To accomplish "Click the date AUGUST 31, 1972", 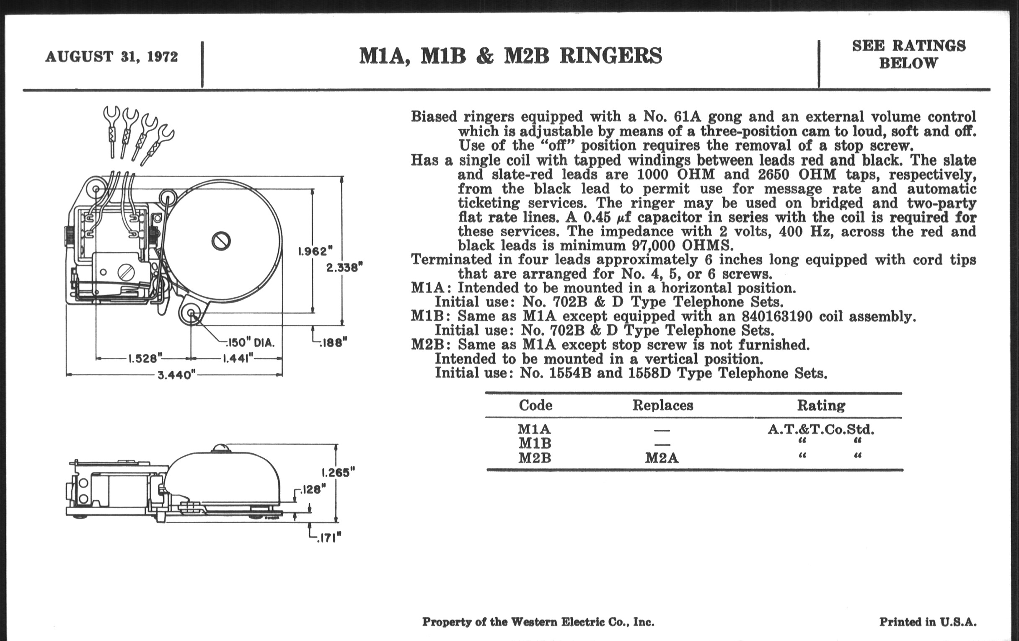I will (x=111, y=57).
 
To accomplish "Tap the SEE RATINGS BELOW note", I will (x=908, y=54).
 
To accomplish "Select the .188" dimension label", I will (x=333, y=343).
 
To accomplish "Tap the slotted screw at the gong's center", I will (x=221, y=241).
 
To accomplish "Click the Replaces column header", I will (x=662, y=405).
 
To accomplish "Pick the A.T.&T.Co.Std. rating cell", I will (x=820, y=430).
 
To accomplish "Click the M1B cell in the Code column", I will (x=535, y=443).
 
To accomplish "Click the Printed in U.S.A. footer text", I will (x=928, y=622).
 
